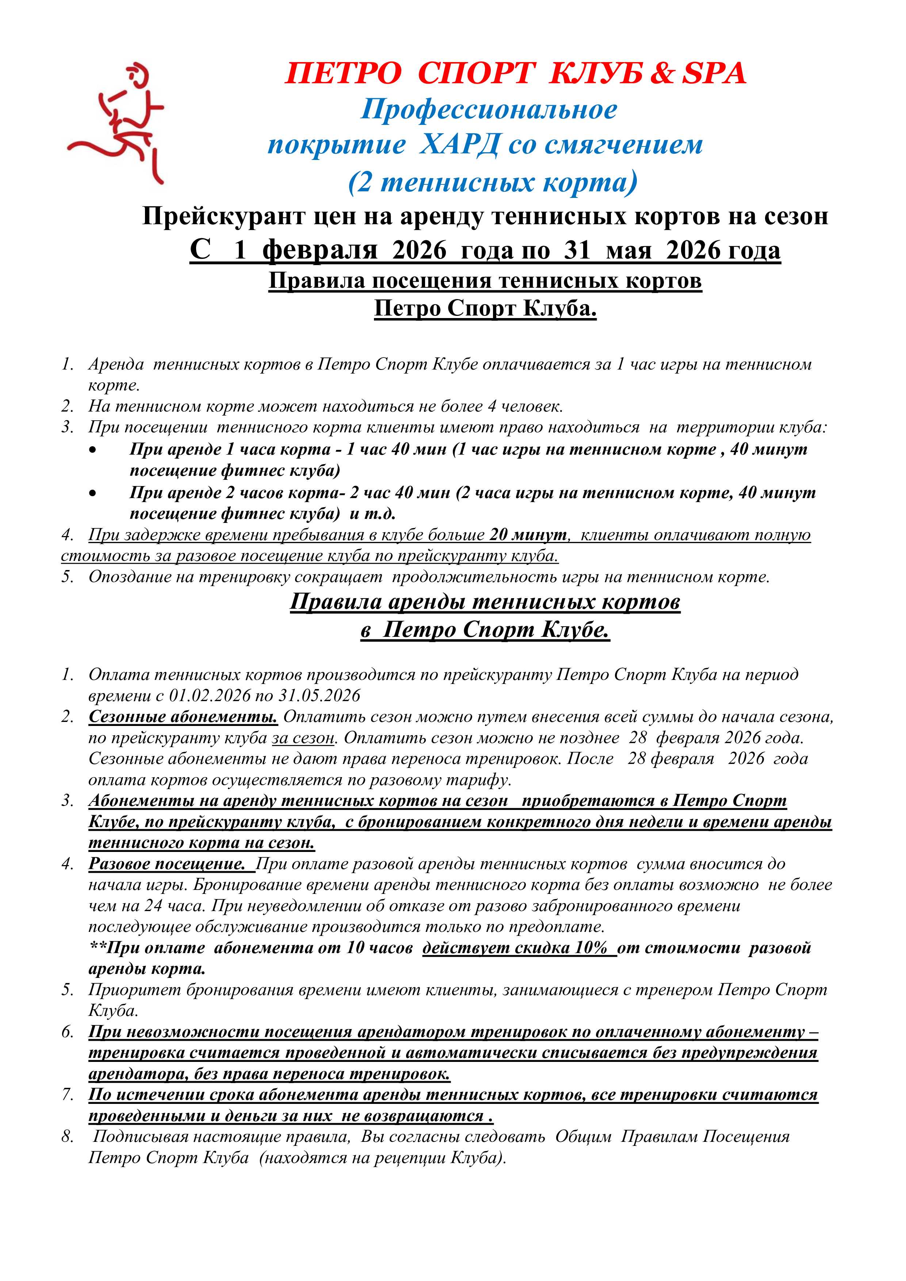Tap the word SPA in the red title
(714, 73)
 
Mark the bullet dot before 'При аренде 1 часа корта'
(93, 450)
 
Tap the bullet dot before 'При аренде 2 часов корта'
(93, 493)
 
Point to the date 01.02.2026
(210, 696)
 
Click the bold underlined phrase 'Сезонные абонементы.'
(183, 716)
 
